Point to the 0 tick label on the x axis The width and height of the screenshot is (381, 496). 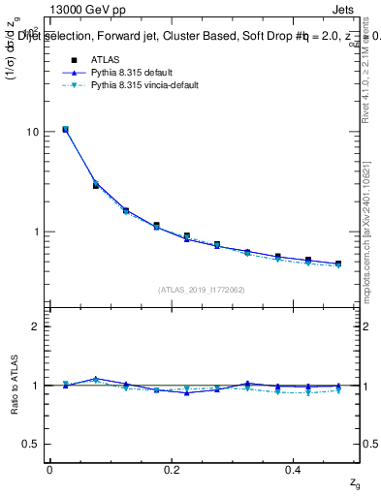pyautogui.click(x=49, y=469)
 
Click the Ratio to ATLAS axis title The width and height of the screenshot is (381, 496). pyautogui.click(x=13, y=385)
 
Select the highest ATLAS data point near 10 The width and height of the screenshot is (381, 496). pyautogui.click(x=65, y=129)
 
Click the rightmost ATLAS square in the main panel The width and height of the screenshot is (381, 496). pyautogui.click(x=338, y=263)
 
